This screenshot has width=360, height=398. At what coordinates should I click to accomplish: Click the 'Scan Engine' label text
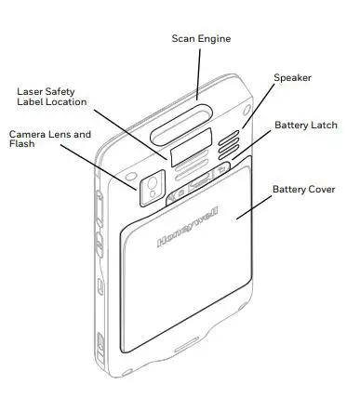point(201,38)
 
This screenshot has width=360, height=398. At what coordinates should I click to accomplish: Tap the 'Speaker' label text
point(292,79)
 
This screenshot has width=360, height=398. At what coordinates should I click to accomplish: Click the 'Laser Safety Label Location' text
point(52,97)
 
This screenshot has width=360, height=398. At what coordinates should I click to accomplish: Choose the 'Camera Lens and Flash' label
point(49,139)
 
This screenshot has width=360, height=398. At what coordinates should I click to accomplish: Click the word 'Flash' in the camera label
point(22,146)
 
